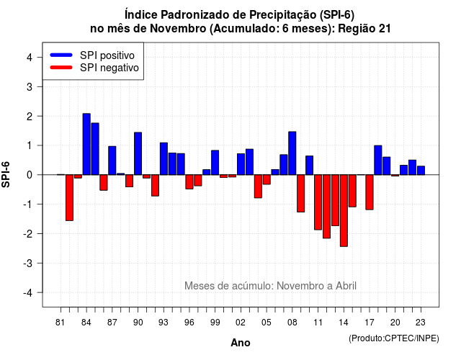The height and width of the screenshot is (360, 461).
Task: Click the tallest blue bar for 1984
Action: pyautogui.click(x=86, y=144)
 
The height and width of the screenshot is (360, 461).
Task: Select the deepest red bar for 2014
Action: pyautogui.click(x=344, y=210)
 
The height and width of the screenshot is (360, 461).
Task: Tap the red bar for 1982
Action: pyautogui.click(x=69, y=197)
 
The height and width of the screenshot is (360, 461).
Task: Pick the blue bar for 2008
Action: pyautogui.click(x=292, y=153)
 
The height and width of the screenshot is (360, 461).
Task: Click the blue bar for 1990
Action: pyautogui.click(x=138, y=153)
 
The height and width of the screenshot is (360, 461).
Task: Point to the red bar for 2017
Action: pyautogui.click(x=370, y=192)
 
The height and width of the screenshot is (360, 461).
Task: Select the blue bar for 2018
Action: pyautogui.click(x=377, y=160)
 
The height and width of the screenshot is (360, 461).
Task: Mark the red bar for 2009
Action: pyautogui.click(x=301, y=194)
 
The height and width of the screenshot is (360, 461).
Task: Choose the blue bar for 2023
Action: pyautogui.click(x=421, y=171)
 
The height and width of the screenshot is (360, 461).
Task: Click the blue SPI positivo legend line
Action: pyautogui.click(x=61, y=55)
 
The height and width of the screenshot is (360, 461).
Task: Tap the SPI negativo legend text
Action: pyautogui.click(x=109, y=68)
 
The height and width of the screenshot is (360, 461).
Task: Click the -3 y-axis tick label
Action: pyautogui.click(x=28, y=264)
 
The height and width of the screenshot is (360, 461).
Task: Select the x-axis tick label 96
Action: pyautogui.click(x=189, y=323)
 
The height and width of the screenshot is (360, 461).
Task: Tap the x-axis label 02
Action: pyautogui.click(x=241, y=323)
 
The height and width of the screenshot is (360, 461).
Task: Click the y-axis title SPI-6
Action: pyautogui.click(x=6, y=174)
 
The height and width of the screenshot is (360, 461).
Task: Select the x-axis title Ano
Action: pyautogui.click(x=241, y=343)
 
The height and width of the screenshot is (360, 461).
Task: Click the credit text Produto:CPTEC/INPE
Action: pyautogui.click(x=394, y=338)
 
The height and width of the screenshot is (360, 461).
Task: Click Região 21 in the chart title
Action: pyautogui.click(x=364, y=29)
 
